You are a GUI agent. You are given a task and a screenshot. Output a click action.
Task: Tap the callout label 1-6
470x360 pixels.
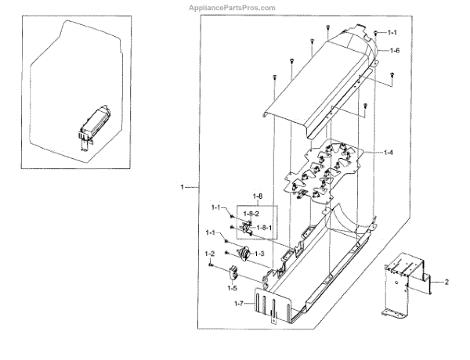tap(395, 50)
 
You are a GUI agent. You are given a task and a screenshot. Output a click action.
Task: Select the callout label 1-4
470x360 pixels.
tap(389, 150)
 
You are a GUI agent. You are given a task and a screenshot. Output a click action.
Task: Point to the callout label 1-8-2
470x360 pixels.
tap(250, 214)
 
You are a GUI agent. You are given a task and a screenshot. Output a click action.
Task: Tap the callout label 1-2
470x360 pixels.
tap(210, 254)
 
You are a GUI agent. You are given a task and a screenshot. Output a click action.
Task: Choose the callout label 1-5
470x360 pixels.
tap(233, 287)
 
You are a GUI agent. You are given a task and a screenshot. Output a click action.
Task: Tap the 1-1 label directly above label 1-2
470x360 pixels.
tap(211, 233)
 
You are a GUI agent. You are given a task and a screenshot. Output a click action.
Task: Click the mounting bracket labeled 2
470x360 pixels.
tap(404, 283)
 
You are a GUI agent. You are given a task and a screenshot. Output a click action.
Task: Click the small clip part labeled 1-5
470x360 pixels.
tap(233, 273)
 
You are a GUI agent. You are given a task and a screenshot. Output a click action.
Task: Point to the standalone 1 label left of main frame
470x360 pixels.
tap(181, 188)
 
